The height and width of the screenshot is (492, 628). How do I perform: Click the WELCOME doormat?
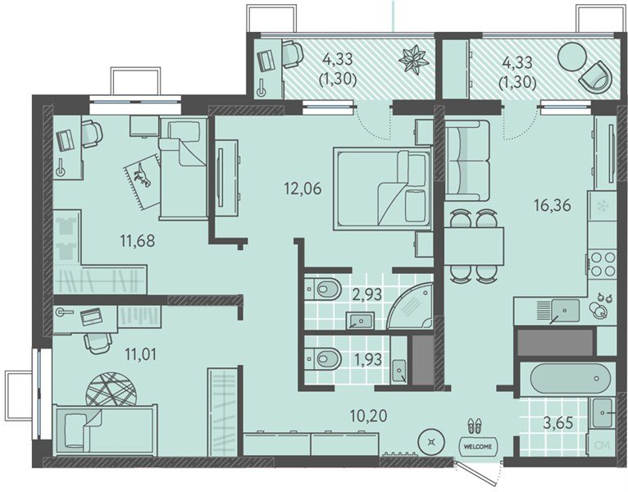[x=478, y=446]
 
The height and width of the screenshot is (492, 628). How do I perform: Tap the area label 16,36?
[x=552, y=206]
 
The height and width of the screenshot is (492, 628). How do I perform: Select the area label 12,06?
[x=303, y=188]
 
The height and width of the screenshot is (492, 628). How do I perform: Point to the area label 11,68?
[x=138, y=241]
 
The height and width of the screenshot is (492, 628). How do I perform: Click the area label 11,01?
[x=140, y=354]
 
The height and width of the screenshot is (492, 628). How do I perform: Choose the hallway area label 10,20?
[x=368, y=416]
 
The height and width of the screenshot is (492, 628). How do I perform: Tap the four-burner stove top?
[x=603, y=263]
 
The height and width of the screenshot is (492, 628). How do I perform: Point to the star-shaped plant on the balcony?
[x=414, y=60]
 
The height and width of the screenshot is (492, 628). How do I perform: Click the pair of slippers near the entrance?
[x=475, y=426]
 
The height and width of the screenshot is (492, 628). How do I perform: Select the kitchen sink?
[x=565, y=311]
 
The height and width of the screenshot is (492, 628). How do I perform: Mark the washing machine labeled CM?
[x=602, y=444]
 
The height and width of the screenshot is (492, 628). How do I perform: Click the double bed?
[x=382, y=189]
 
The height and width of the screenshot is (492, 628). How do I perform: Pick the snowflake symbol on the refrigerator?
[x=602, y=206]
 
